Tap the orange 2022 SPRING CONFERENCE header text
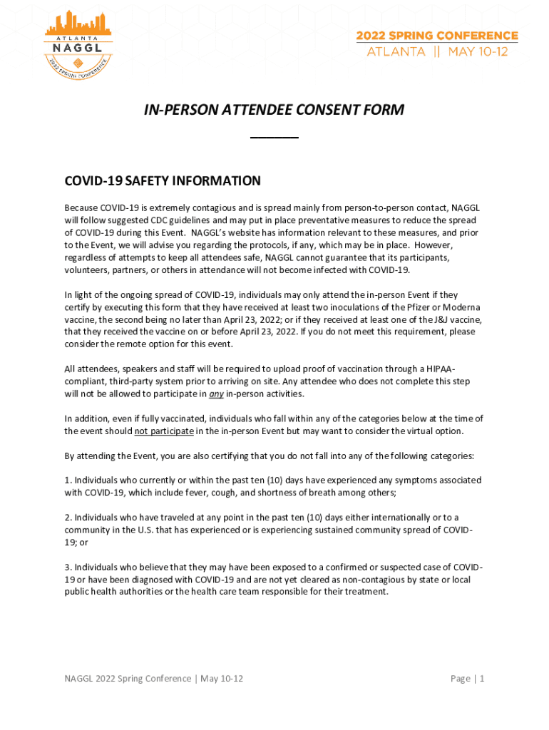pyautogui.click(x=438, y=36)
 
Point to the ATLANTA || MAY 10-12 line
pyautogui.click(x=438, y=52)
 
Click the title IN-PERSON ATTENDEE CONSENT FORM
pyautogui.click(x=274, y=110)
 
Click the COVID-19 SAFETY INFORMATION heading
pyautogui.click(x=163, y=181)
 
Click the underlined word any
pyautogui.click(x=217, y=394)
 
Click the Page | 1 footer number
pyautogui.click(x=468, y=679)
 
